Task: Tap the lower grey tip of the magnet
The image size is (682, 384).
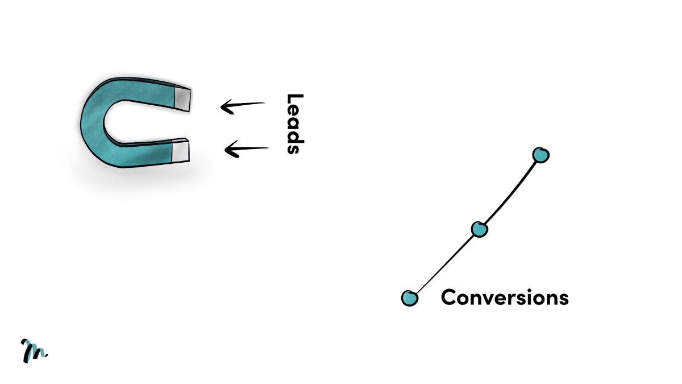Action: [x=180, y=150]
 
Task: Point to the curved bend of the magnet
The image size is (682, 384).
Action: [x=93, y=120]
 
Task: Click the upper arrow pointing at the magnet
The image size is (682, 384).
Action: [x=243, y=105]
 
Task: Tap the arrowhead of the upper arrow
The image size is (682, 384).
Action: [x=226, y=106]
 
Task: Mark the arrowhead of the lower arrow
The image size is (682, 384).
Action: [x=230, y=150]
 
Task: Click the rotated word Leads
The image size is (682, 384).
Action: [x=293, y=124]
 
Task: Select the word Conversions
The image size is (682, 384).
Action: [x=505, y=298]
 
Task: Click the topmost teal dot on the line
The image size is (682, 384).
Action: [x=540, y=154]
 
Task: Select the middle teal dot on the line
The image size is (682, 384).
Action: [x=480, y=229]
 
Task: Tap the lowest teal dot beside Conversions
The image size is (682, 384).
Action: [x=410, y=298]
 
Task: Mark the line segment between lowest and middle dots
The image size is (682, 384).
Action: [x=445, y=263]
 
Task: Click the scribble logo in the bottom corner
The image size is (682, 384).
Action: [x=34, y=350]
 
